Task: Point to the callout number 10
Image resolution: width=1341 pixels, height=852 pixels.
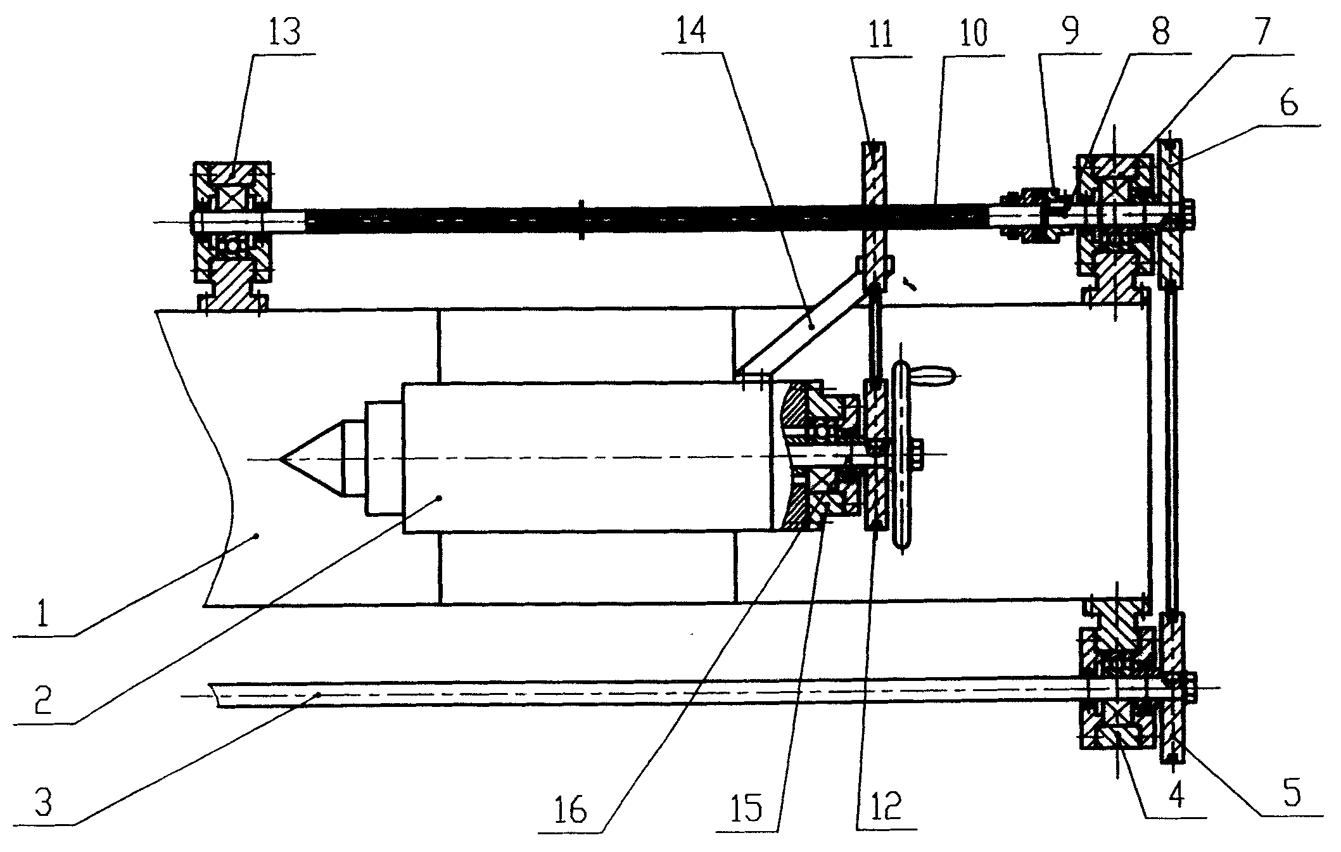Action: pos(972,33)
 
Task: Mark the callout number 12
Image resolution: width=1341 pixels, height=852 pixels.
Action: pos(886,809)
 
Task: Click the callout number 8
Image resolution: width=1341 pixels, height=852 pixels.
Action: pos(1160,33)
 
